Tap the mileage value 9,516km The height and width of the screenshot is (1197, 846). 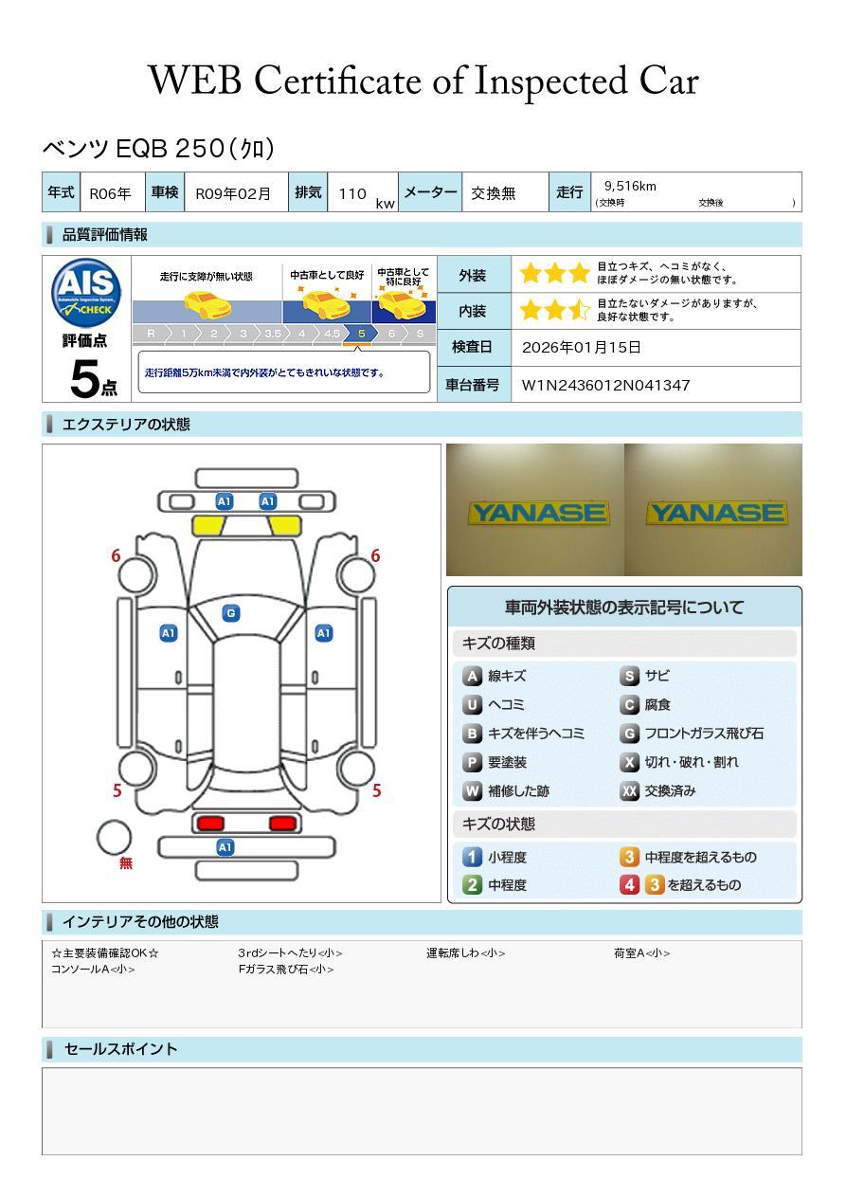pyautogui.click(x=630, y=186)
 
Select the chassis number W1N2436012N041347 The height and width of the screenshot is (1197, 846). pyautogui.click(x=606, y=385)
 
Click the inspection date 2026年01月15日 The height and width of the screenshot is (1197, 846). pyautogui.click(x=582, y=348)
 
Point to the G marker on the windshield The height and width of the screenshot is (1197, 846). pyautogui.click(x=230, y=613)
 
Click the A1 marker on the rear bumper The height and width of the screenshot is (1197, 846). pyautogui.click(x=225, y=847)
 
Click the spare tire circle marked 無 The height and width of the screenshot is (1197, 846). pyautogui.click(x=115, y=837)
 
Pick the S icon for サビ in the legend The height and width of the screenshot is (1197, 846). pyautogui.click(x=629, y=676)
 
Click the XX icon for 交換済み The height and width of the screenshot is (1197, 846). pyautogui.click(x=629, y=790)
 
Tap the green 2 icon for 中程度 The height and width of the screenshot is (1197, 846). pyautogui.click(x=472, y=885)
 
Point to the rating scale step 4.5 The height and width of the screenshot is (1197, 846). pyautogui.click(x=332, y=334)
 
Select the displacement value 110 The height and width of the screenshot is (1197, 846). pyautogui.click(x=352, y=193)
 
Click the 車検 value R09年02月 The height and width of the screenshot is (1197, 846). pyautogui.click(x=233, y=193)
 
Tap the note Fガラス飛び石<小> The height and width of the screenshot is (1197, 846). pyautogui.click(x=286, y=970)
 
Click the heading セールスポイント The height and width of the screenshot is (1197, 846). pyautogui.click(x=120, y=1049)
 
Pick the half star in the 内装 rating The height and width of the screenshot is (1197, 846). pyautogui.click(x=579, y=311)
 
